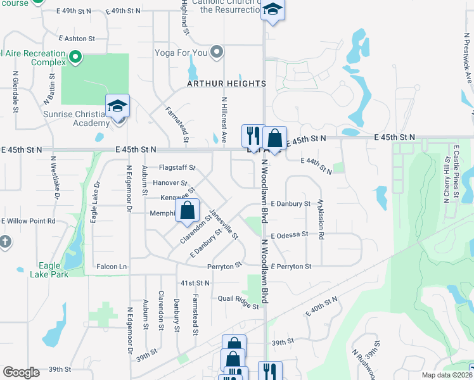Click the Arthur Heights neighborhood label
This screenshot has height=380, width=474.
(x=226, y=84)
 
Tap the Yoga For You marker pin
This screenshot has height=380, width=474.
(x=217, y=51)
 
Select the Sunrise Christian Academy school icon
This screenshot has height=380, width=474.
(x=118, y=106)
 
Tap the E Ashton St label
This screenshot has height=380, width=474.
(x=75, y=39)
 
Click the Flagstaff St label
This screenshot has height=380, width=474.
(x=177, y=168)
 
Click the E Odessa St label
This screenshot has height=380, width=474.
(x=289, y=234)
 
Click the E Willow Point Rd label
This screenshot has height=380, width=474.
(x=29, y=221)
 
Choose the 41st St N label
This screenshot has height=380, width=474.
(x=195, y=282)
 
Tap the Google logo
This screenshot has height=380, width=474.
(x=21, y=372)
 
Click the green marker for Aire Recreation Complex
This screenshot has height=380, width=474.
(x=75, y=58)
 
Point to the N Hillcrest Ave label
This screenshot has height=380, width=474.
(x=224, y=120)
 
